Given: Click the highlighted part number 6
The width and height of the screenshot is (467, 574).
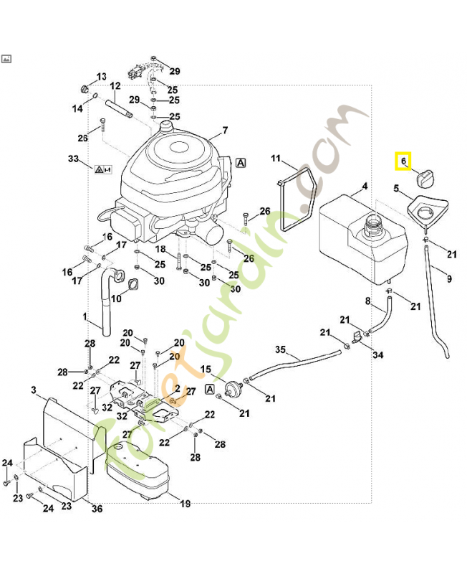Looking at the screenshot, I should coord(403,161).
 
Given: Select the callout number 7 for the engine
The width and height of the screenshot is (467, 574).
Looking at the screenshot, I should coord(224,131).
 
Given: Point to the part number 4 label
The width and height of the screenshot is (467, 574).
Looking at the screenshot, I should coord(365,187).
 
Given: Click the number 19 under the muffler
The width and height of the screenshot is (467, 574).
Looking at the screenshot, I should coord(185,504).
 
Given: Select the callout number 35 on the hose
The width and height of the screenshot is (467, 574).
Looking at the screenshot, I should coord(281,350).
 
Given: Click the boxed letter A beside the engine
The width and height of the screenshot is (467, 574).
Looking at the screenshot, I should coord(241,163).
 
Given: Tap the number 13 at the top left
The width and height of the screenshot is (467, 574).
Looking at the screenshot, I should coord(101,76).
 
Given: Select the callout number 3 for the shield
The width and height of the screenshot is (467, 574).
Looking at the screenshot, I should coord(34,390).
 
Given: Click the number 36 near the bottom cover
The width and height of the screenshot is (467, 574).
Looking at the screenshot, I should coord(97,509).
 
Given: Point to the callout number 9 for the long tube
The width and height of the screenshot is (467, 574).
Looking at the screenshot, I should coord(449,279).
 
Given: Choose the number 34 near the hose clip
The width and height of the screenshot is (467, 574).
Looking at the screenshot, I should coord(377,355).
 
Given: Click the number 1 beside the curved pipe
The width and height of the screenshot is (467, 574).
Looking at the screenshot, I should coord(84,316).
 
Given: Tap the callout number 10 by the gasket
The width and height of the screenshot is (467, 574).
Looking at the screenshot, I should coord(116,298).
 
